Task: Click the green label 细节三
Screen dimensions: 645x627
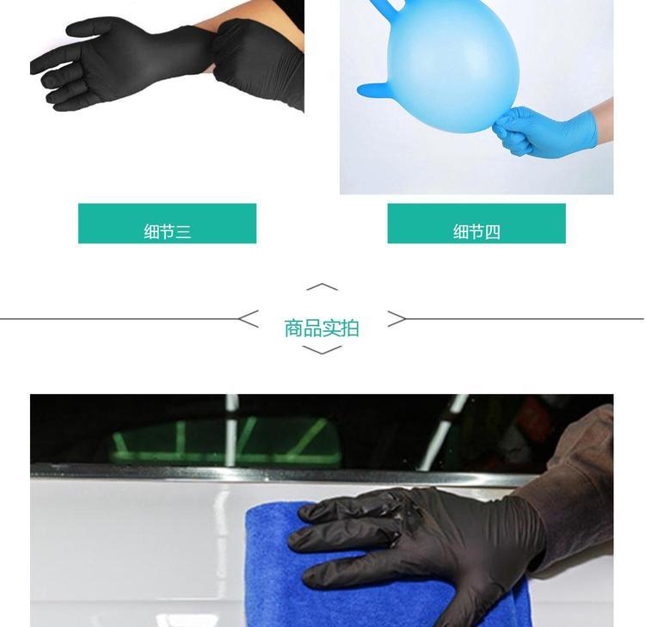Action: click(168, 224)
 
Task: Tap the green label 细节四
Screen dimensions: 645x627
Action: click(476, 224)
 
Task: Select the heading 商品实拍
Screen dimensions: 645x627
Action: click(322, 329)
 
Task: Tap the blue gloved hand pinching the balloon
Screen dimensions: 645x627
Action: click(543, 131)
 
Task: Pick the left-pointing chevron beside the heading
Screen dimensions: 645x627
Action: click(249, 319)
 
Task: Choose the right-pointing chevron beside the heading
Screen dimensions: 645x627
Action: click(397, 319)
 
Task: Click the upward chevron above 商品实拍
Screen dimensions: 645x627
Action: click(322, 286)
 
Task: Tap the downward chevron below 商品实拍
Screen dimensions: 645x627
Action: click(322, 350)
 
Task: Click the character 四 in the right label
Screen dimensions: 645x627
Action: click(493, 232)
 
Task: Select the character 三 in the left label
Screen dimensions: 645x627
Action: click(183, 232)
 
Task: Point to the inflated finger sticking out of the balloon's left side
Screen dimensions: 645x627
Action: click(372, 89)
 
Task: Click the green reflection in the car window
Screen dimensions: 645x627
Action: click(226, 441)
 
